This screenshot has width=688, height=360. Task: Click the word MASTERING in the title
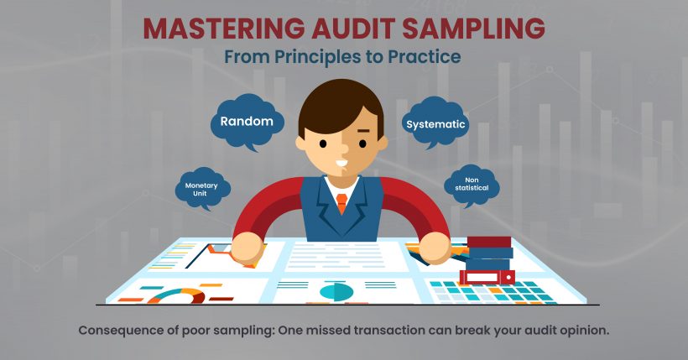tap(223, 28)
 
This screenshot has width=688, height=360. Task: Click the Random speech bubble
tap(247, 123)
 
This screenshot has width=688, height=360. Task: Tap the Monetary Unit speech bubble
tap(202, 189)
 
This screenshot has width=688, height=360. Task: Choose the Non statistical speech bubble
tap(472, 185)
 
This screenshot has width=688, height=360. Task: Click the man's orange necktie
tap(341, 203)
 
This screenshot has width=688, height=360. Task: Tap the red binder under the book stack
tap(487, 277)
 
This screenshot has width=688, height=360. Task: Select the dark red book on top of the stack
tap(489, 242)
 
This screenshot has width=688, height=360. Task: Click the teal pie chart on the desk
tap(336, 291)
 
